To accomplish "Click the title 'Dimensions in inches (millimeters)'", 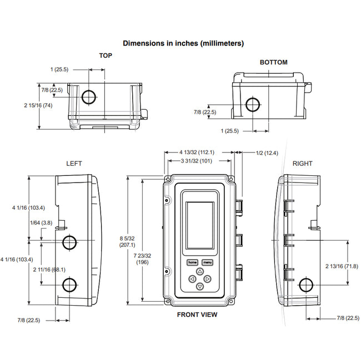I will (x=183, y=43).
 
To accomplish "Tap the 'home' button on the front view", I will (x=192, y=262).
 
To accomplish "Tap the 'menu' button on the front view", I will (x=208, y=262).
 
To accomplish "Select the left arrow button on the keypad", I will (x=192, y=279).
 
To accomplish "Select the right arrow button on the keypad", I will (x=208, y=279).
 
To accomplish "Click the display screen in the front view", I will (x=199, y=225).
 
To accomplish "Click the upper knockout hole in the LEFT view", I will (x=70, y=242).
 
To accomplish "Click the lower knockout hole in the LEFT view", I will (x=70, y=285).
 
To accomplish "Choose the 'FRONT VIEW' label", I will (x=197, y=315).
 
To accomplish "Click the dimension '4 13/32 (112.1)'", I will (x=197, y=152).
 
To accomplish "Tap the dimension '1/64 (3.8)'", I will (x=41, y=222).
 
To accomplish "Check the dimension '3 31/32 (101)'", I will (x=197, y=161).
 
